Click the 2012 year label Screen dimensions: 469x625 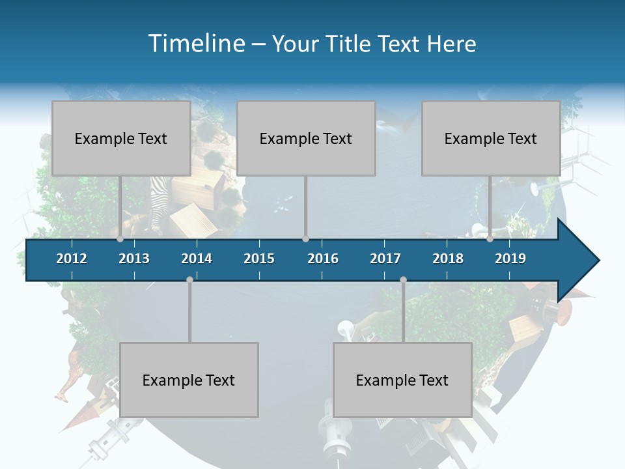tap(72, 259)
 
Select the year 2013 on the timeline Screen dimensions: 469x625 tap(134, 259)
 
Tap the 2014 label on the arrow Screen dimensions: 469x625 tap(197, 259)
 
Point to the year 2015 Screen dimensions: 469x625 tap(259, 259)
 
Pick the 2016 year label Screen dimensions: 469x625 tap(323, 259)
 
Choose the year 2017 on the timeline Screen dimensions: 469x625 tap(385, 259)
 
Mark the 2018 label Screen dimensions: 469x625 tap(448, 259)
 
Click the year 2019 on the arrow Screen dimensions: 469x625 tap(510, 259)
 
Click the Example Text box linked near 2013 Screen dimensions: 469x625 tap(121, 138)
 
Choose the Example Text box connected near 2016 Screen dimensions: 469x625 tap(306, 138)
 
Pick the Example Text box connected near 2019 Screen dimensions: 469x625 tap(491, 138)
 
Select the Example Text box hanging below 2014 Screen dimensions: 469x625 tap(189, 380)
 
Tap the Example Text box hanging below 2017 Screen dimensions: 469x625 tap(402, 380)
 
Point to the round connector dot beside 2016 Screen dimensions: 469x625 tap(305, 239)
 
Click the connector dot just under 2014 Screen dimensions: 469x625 tap(189, 279)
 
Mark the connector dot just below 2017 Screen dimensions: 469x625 tap(403, 279)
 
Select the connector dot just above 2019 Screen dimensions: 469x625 tap(490, 239)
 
